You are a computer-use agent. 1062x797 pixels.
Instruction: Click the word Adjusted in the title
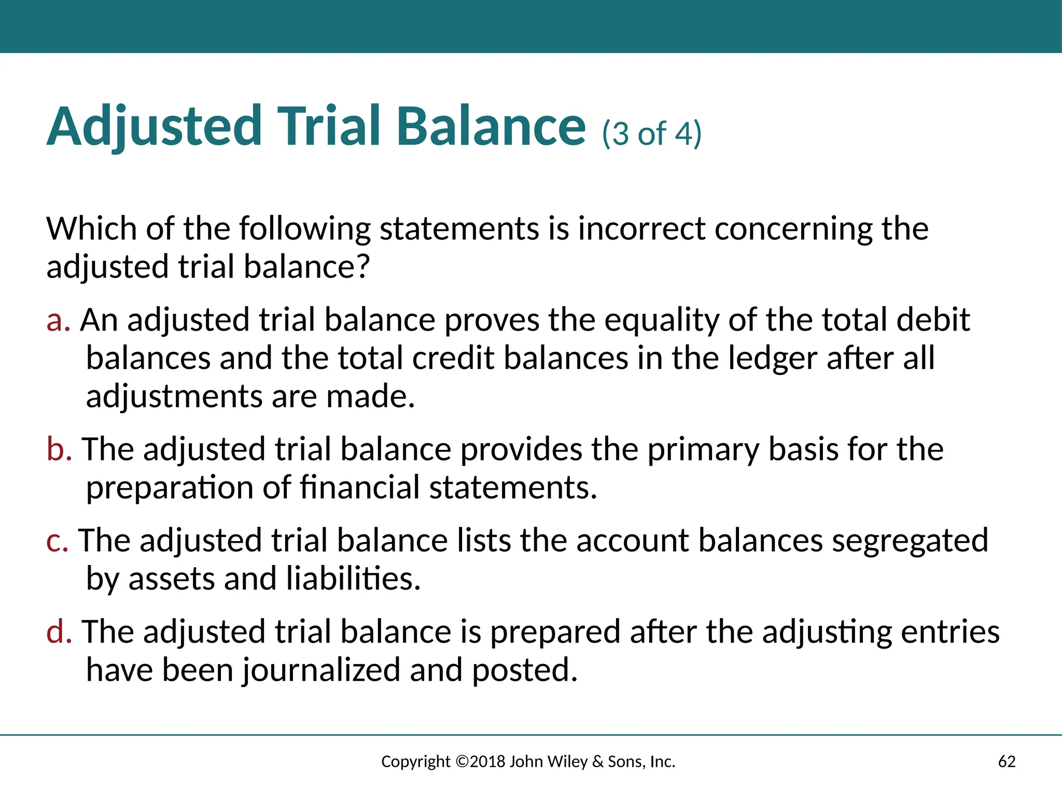(x=155, y=127)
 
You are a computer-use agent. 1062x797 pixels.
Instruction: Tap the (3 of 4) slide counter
(x=652, y=134)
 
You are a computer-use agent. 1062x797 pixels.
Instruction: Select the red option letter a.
(x=58, y=320)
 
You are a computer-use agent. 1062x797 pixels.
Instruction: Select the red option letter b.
(x=59, y=449)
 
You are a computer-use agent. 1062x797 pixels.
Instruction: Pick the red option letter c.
(x=57, y=541)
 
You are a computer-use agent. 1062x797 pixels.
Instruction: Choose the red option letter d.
(x=59, y=632)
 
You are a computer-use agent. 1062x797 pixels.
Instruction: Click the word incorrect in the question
(x=641, y=229)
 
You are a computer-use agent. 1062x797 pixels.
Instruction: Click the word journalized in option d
(x=321, y=670)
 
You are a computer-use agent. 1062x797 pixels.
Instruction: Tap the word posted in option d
(x=524, y=670)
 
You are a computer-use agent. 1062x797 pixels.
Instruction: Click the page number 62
(x=1007, y=762)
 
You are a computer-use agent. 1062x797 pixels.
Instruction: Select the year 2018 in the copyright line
(x=487, y=762)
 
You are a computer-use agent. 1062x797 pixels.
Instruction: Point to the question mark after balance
(x=362, y=267)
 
